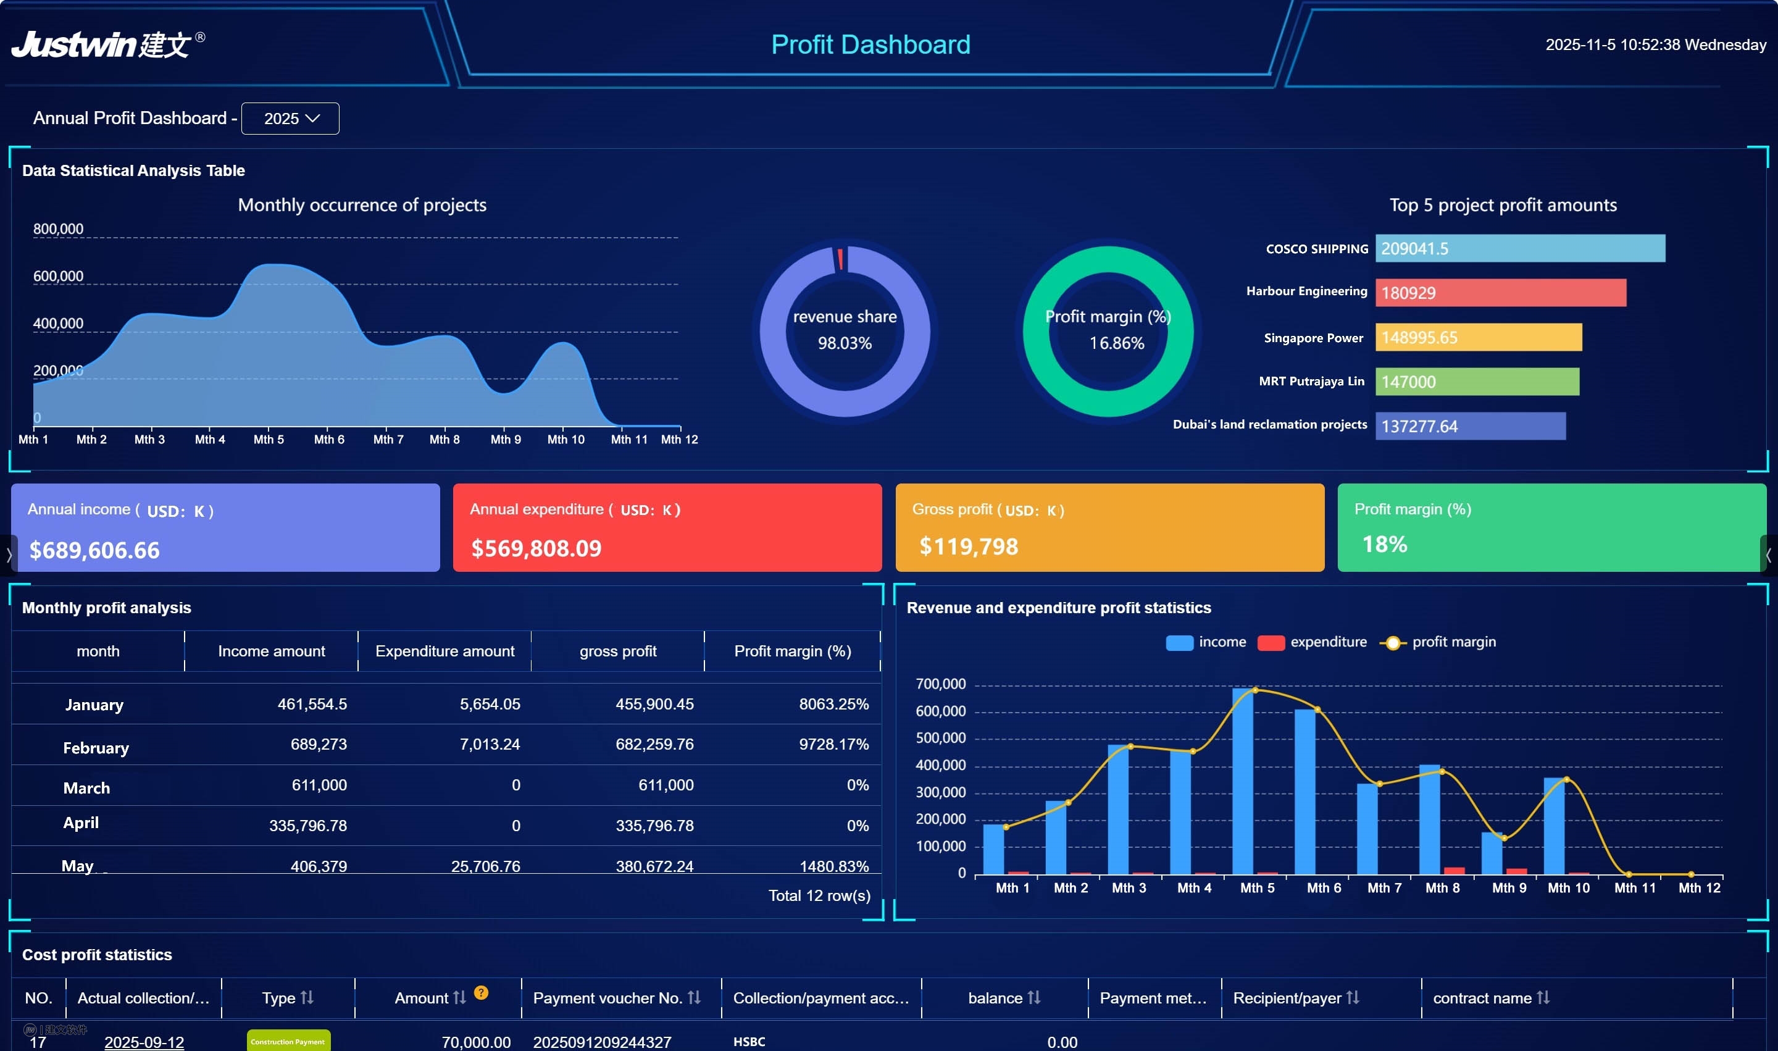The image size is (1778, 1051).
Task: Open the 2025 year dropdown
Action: tap(290, 119)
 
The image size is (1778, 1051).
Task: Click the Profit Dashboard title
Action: tap(870, 44)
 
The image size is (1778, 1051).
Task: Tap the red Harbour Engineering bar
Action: tap(1500, 293)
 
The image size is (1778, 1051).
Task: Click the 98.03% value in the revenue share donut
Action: tap(844, 343)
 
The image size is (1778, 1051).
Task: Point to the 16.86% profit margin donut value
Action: tap(1116, 343)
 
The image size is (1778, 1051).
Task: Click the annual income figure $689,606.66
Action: tap(94, 550)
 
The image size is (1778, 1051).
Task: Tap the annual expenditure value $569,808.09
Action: tap(536, 548)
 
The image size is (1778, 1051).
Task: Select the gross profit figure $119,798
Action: tap(968, 546)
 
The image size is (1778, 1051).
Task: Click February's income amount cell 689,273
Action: tap(318, 744)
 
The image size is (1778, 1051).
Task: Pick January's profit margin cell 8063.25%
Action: tap(833, 704)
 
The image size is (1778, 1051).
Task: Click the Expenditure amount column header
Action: tap(444, 651)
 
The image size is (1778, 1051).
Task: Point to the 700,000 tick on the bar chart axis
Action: tap(940, 684)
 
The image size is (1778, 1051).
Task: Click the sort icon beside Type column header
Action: tap(307, 997)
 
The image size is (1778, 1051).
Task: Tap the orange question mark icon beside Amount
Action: tap(481, 993)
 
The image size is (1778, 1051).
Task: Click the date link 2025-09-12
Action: tap(144, 1042)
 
